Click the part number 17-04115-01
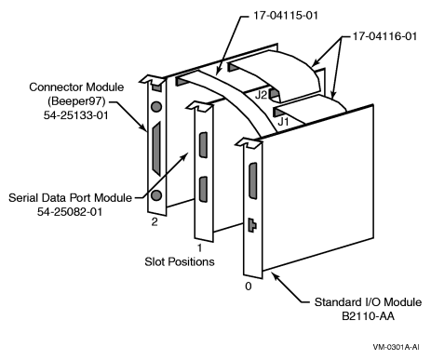click(286, 16)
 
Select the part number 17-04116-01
click(384, 36)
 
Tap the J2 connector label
click(261, 95)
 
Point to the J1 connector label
click(283, 121)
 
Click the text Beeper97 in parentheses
click(76, 101)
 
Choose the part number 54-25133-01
click(76, 115)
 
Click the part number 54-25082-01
click(70, 212)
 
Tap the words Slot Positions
click(180, 261)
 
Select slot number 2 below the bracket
click(155, 221)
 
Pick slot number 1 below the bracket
click(200, 247)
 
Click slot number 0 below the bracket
click(249, 286)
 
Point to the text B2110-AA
click(368, 316)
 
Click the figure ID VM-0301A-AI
click(396, 347)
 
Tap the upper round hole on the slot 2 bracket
click(156, 107)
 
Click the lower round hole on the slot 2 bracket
click(156, 195)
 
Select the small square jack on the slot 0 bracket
click(251, 225)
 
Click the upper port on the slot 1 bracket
click(203, 145)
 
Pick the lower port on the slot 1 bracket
click(203, 190)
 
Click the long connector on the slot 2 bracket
click(156, 149)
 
